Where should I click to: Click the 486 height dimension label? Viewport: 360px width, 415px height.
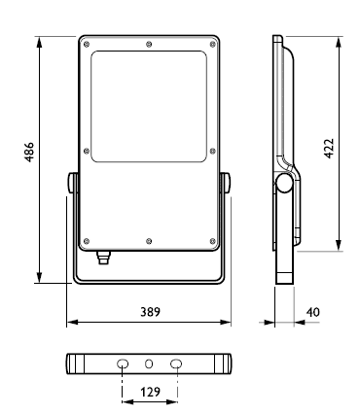tap(29, 152)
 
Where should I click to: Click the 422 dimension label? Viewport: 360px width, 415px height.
tap(329, 149)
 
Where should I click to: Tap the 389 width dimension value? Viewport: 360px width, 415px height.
tap(150, 312)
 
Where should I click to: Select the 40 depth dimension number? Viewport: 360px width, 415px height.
tap(313, 312)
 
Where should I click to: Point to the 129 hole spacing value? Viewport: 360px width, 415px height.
tap(150, 392)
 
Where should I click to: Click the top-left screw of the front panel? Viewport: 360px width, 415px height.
tap(87, 45)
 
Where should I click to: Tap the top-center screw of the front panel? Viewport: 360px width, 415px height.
tap(149, 44)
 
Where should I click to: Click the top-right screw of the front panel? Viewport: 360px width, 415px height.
tap(213, 45)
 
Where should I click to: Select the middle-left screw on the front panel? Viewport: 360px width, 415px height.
tap(87, 151)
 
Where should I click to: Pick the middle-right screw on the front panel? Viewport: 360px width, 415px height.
tap(213, 151)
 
